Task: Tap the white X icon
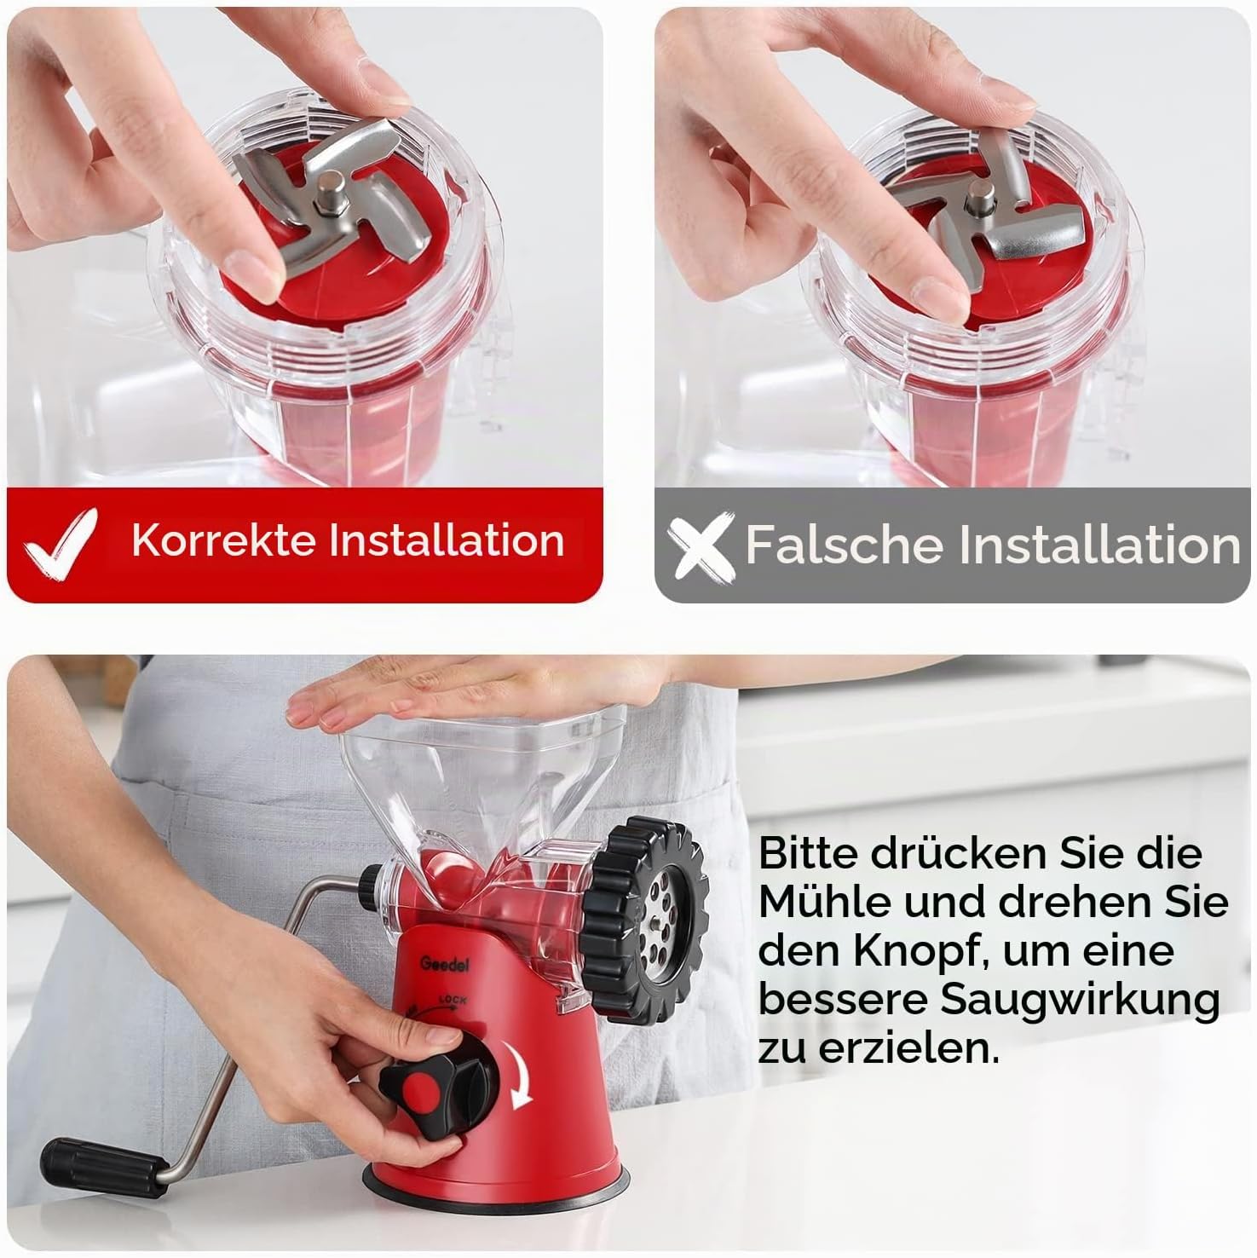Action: (701, 545)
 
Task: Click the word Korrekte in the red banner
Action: (225, 540)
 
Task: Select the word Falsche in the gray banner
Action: (846, 544)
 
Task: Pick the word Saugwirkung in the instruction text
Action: (1080, 1000)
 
